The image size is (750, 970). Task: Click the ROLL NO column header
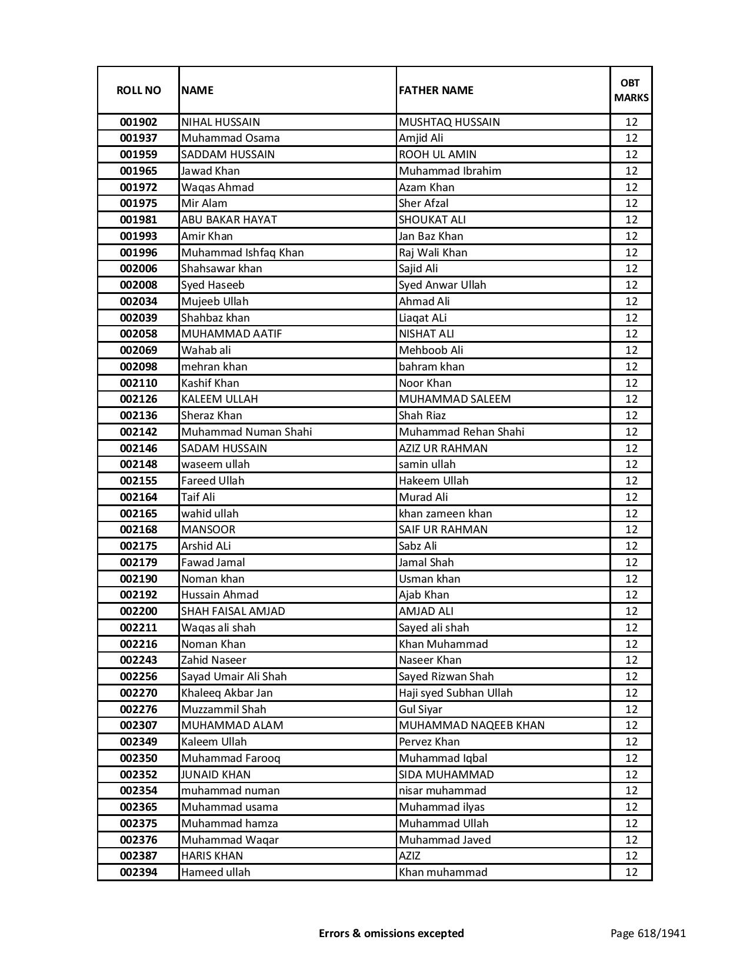pyautogui.click(x=138, y=90)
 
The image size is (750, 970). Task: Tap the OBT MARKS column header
pyautogui.click(x=631, y=90)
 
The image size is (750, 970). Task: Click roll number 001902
pyautogui.click(x=138, y=122)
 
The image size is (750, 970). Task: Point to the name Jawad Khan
pyautogui.click(x=211, y=171)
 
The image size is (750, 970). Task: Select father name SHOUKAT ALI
pyautogui.click(x=432, y=220)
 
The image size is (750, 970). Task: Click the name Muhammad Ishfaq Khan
pyautogui.click(x=242, y=253)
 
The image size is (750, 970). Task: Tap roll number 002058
pyautogui.click(x=138, y=334)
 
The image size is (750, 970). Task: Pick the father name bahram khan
pyautogui.click(x=432, y=367)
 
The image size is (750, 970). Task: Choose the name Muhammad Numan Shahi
pyautogui.click(x=246, y=432)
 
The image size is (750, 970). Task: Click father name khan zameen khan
pyautogui.click(x=445, y=514)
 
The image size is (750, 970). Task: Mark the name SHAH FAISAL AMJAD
pyautogui.click(x=233, y=611)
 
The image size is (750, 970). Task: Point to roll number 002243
pyautogui.click(x=138, y=660)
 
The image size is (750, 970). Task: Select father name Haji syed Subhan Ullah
pyautogui.click(x=456, y=693)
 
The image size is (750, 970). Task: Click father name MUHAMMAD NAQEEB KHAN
pyautogui.click(x=472, y=725)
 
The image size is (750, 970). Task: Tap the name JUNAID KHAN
pyautogui.click(x=216, y=775)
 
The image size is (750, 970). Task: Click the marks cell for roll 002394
pyautogui.click(x=631, y=872)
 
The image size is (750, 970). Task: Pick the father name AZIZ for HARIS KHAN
pyautogui.click(x=410, y=856)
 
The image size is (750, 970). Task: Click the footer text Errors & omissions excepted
pyautogui.click(x=391, y=933)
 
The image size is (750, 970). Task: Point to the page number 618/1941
pyautogui.click(x=648, y=933)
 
